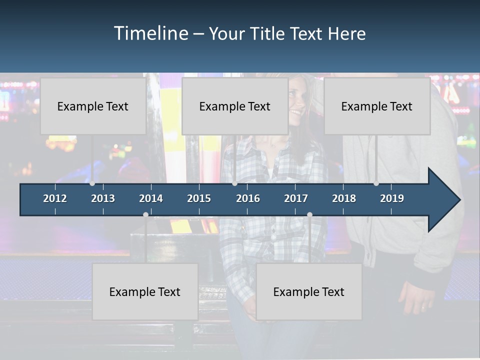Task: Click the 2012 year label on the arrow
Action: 55,198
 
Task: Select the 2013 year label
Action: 103,198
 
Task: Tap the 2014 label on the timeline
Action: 151,198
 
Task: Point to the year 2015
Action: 199,198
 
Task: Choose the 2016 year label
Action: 248,198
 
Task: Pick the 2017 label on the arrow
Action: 296,198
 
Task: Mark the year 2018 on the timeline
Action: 344,198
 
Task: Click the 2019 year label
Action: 392,198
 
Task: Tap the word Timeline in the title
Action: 151,33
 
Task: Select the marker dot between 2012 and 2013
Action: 92,183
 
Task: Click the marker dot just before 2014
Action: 145,215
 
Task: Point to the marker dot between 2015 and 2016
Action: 234,183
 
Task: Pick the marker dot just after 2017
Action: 309,215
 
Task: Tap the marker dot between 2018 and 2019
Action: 376,183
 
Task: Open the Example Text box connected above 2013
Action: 93,106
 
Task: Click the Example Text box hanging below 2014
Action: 145,291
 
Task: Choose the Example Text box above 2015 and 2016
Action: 235,106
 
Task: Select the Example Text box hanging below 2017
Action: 309,291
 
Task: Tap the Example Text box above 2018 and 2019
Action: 377,106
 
